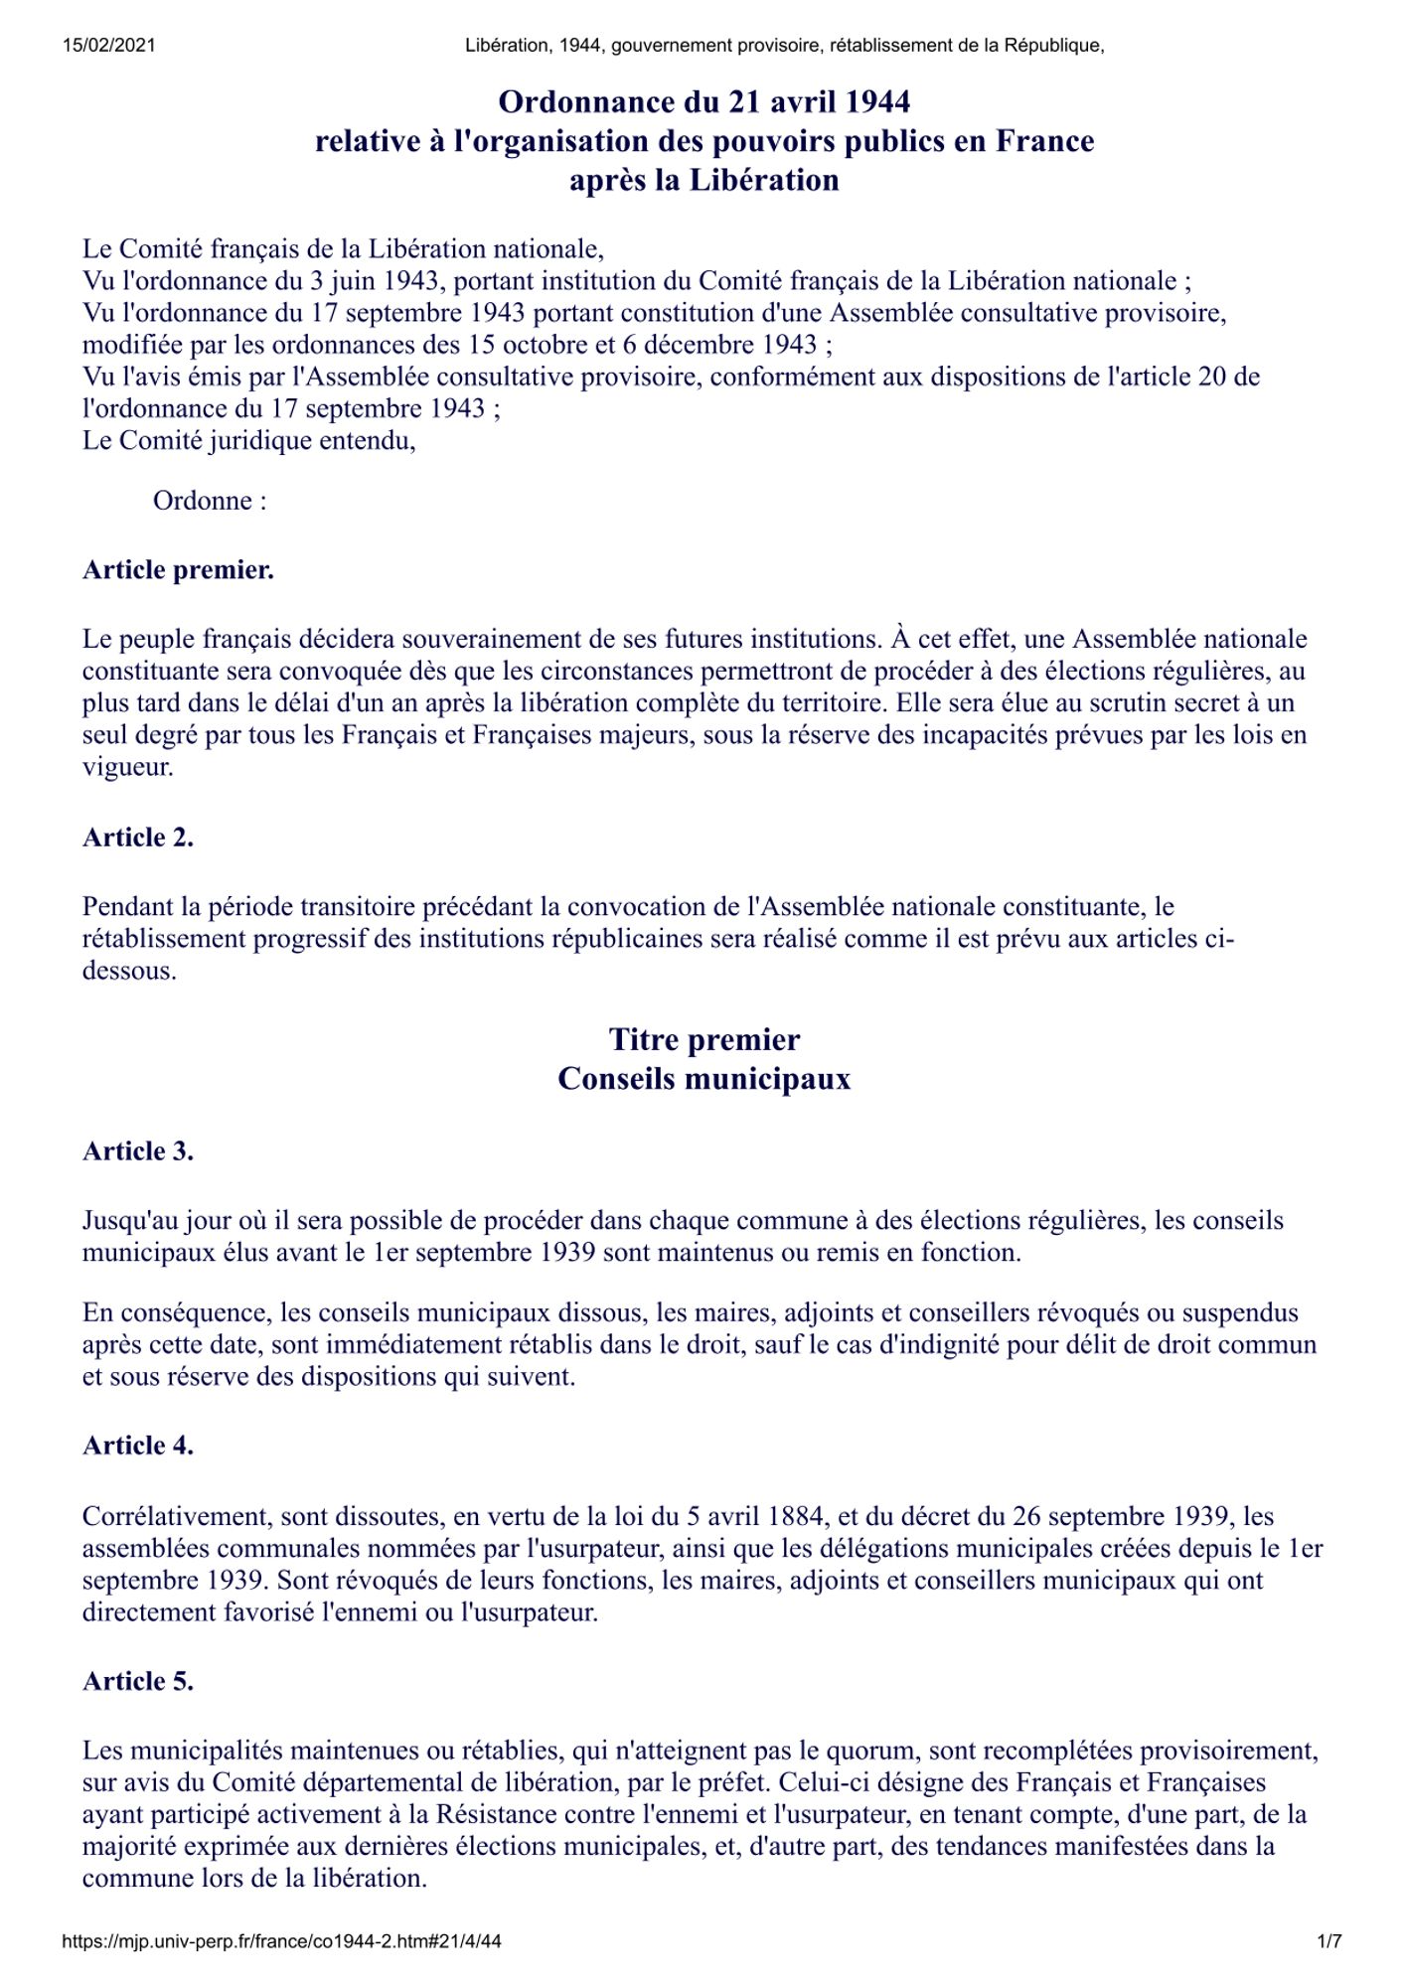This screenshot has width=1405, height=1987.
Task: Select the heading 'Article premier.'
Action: pyautogui.click(x=178, y=570)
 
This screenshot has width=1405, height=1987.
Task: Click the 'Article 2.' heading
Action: pyautogui.click(x=138, y=838)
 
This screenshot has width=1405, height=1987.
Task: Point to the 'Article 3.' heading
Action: pyautogui.click(x=138, y=1151)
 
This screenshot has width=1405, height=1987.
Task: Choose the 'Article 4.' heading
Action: pyautogui.click(x=138, y=1446)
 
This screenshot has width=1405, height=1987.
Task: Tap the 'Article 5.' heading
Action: pyautogui.click(x=138, y=1681)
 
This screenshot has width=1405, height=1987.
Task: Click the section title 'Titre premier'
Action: pyautogui.click(x=703, y=1040)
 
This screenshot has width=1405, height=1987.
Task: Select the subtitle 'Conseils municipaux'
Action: pyautogui.click(x=703, y=1079)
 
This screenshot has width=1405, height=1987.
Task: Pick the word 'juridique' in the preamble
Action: pyautogui.click(x=259, y=440)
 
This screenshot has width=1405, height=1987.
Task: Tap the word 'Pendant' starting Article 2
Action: pyautogui.click(x=128, y=907)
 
